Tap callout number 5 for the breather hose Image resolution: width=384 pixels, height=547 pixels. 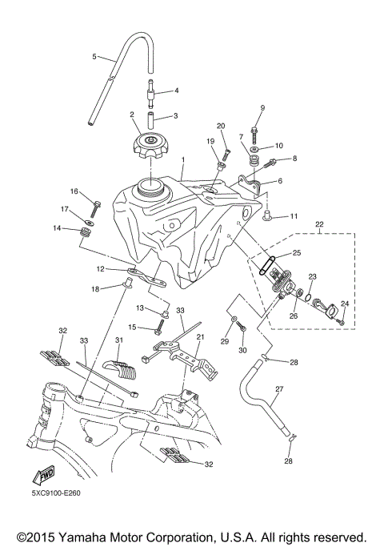pyautogui.click(x=94, y=57)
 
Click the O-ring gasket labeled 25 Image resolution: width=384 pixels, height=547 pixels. pyautogui.click(x=267, y=265)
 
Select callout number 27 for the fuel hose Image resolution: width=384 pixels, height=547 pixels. pyautogui.click(x=279, y=390)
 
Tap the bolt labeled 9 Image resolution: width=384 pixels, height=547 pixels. pyautogui.click(x=254, y=127)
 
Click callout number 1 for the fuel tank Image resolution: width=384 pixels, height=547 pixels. pyautogui.click(x=183, y=159)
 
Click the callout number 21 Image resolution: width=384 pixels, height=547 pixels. pyautogui.click(x=202, y=337)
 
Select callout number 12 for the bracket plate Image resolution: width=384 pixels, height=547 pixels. pyautogui.click(x=101, y=269)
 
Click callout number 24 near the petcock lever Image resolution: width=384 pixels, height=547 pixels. pyautogui.click(x=346, y=304)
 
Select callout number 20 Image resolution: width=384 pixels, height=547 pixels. pyautogui.click(x=221, y=126)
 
